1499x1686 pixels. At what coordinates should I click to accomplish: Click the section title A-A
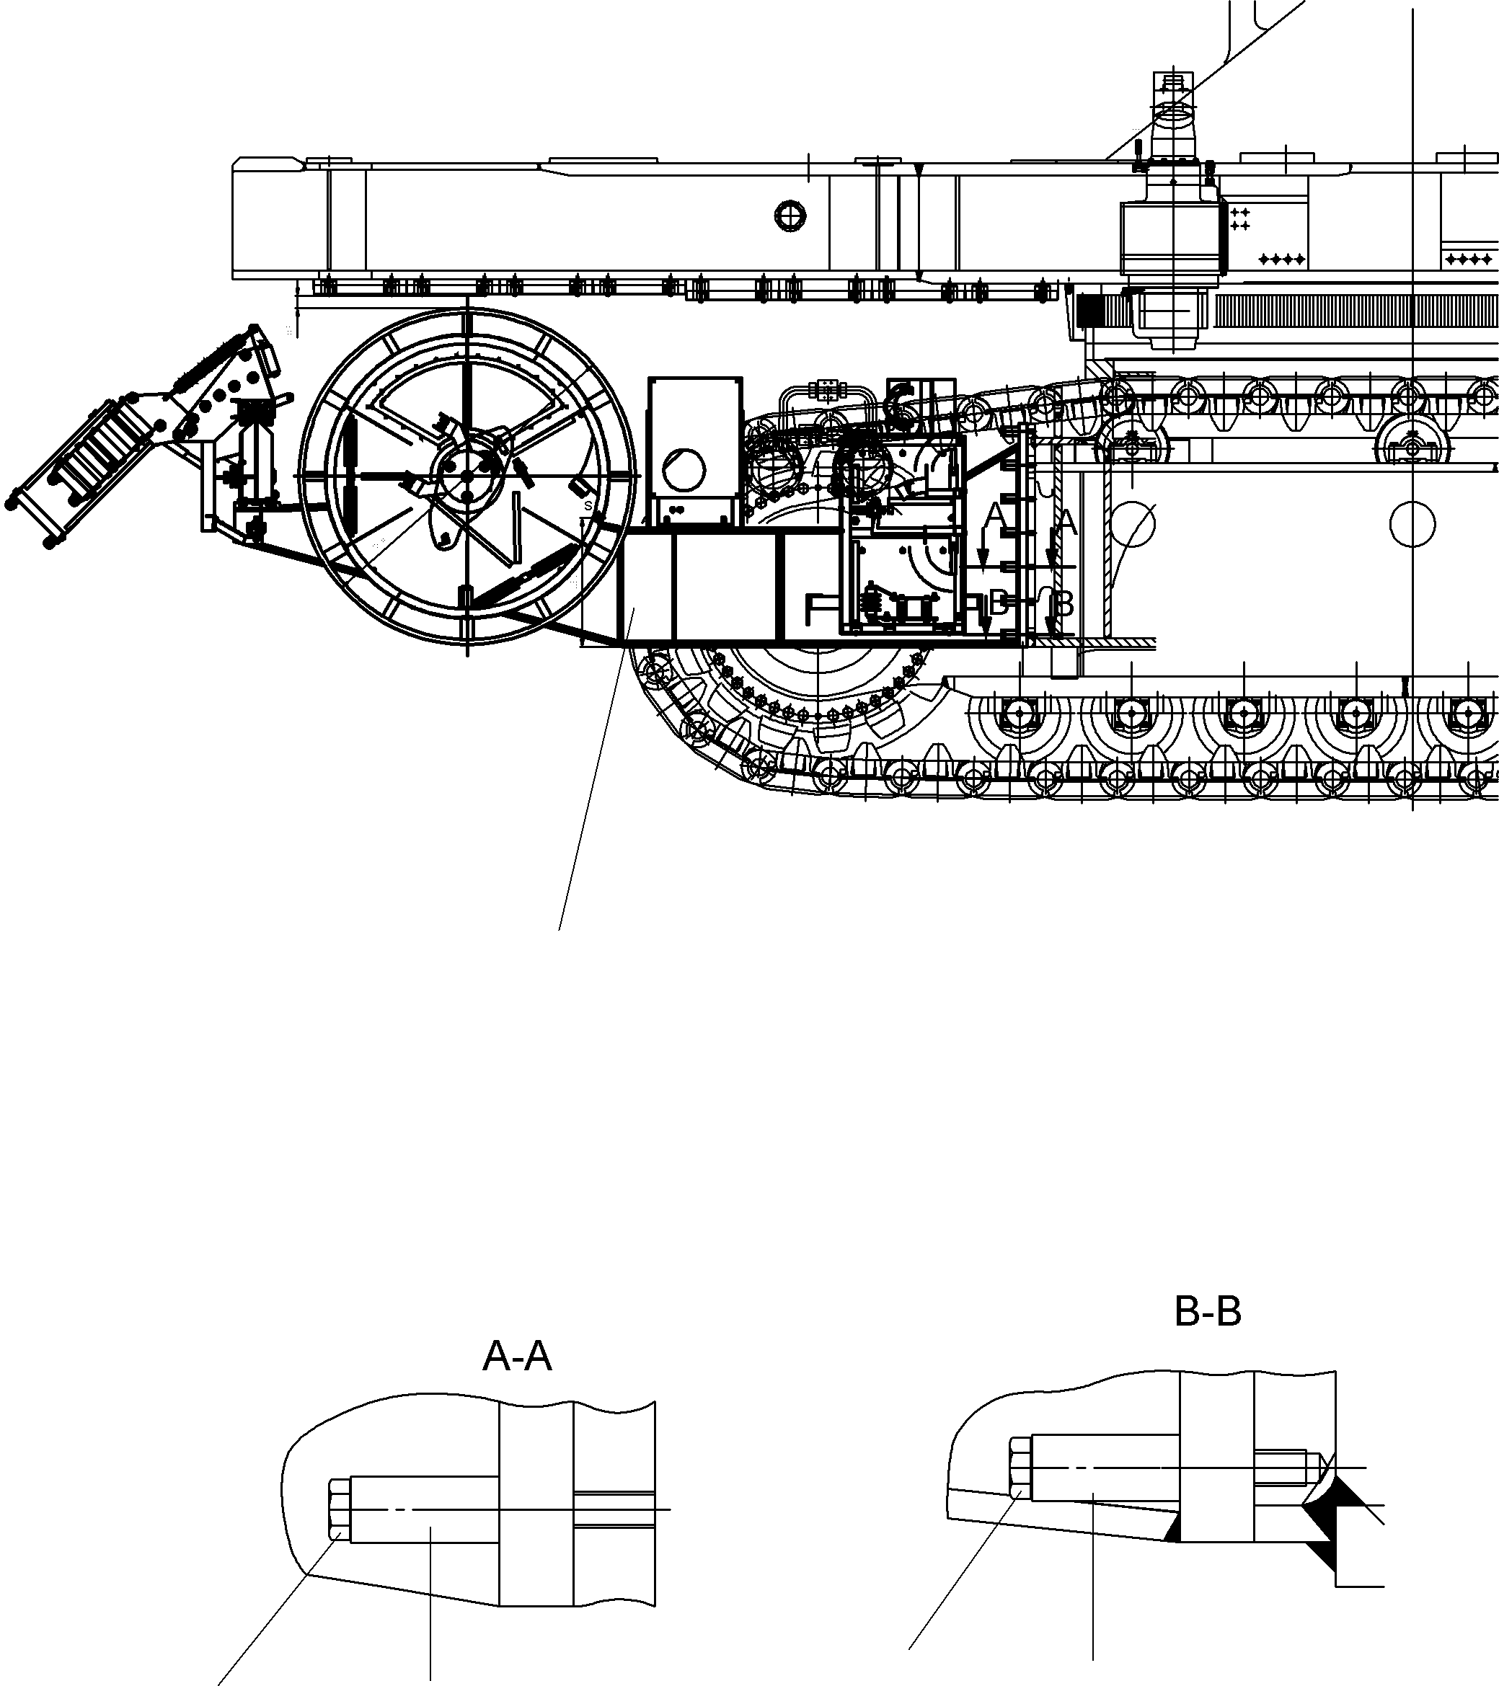tap(516, 1356)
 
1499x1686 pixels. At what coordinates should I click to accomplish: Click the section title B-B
tap(1207, 1310)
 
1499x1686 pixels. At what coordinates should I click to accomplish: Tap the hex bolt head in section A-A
tap(339, 1509)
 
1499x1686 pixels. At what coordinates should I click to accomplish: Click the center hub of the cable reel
tap(467, 476)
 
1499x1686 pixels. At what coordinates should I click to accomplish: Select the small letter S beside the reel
tap(588, 505)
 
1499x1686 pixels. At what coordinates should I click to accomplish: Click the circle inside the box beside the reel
tap(684, 471)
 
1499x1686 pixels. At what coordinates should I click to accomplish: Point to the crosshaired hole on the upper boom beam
tap(790, 216)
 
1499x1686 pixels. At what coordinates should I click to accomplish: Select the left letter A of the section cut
tap(996, 516)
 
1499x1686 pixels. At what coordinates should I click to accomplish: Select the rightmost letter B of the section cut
tap(1064, 605)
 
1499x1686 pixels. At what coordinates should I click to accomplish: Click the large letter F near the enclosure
tap(818, 611)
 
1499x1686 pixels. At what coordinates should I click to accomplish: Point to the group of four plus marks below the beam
tap(1281, 259)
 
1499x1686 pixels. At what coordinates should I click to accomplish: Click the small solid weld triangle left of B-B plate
tap(1173, 1532)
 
